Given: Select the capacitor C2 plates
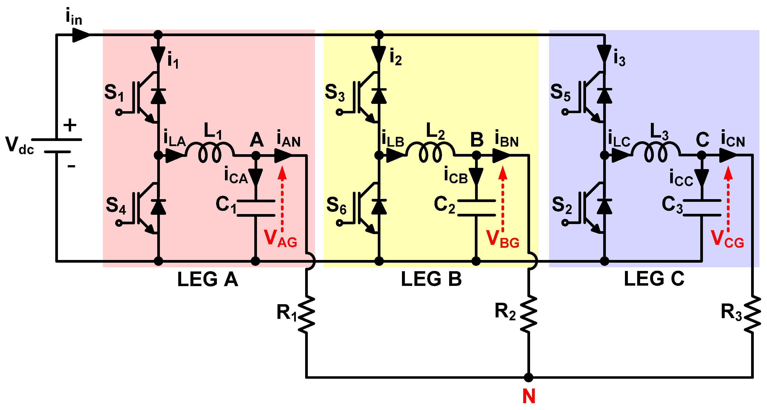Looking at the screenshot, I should click(x=476, y=208).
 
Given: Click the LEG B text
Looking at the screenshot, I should click(x=431, y=279).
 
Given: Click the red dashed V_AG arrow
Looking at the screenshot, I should click(x=282, y=199).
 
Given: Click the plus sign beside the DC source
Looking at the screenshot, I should click(x=70, y=125).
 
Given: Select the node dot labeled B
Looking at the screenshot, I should click(x=476, y=155).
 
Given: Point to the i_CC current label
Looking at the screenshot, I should click(x=681, y=178).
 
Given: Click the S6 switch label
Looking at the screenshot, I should click(x=336, y=205).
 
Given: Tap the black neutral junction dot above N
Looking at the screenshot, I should click(x=529, y=377).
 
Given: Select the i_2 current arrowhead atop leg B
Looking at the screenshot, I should click(x=379, y=55).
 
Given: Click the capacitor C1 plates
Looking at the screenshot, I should click(x=256, y=208).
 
